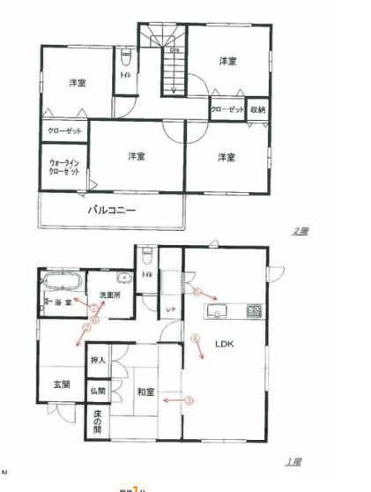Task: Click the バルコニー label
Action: coord(110,211)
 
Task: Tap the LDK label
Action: coord(217,346)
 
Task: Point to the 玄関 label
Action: coord(50,384)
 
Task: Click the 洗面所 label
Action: coord(109,296)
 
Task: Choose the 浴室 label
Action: coord(62,302)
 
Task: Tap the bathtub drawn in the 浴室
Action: coord(62,284)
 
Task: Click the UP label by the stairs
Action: coord(171,308)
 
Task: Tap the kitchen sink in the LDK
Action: coord(217,309)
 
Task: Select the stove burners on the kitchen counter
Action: coord(253,309)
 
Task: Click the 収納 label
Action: coord(257,108)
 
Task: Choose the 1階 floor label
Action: coord(293,461)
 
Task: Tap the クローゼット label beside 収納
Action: coord(227,108)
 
